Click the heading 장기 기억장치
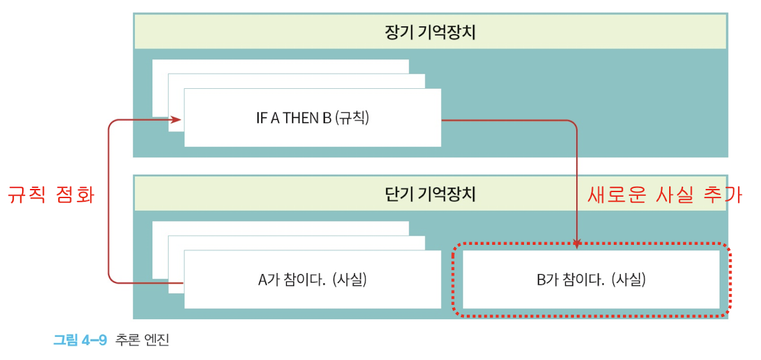pos(430,32)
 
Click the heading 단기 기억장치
pos(430,194)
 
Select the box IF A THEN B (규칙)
pos(312,118)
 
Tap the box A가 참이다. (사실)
pos(312,279)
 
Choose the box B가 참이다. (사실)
pos(591,279)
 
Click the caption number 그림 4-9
pos(80,340)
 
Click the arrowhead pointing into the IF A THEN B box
pos(177,120)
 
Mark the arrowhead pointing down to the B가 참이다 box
pos(577,244)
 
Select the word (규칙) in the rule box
pos(352,118)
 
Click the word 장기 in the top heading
pos(396,32)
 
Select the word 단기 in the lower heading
pos(396,194)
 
